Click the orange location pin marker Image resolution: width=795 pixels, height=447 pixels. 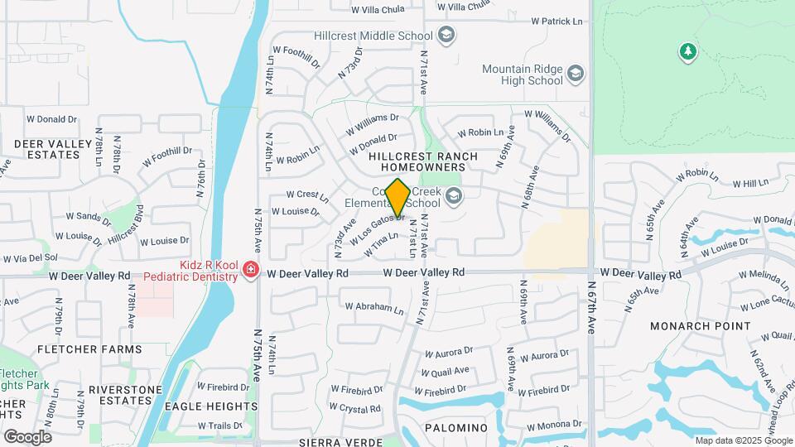(397, 198)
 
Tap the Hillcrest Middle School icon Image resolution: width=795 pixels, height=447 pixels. (446, 36)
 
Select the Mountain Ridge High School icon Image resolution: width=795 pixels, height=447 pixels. (576, 75)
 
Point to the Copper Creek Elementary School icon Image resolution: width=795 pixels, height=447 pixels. (452, 196)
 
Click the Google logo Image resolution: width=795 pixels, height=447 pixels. (27, 436)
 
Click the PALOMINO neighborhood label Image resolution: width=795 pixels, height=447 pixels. (455, 427)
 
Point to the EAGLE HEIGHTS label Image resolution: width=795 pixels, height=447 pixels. (210, 406)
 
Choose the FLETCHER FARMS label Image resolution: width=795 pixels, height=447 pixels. (79, 349)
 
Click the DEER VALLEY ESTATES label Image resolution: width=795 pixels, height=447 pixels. (52, 149)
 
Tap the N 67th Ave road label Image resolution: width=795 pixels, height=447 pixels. (591, 314)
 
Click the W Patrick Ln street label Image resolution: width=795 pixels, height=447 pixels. (556, 21)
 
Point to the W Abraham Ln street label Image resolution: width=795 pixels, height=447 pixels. (373, 307)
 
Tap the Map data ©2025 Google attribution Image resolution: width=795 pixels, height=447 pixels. (743, 440)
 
